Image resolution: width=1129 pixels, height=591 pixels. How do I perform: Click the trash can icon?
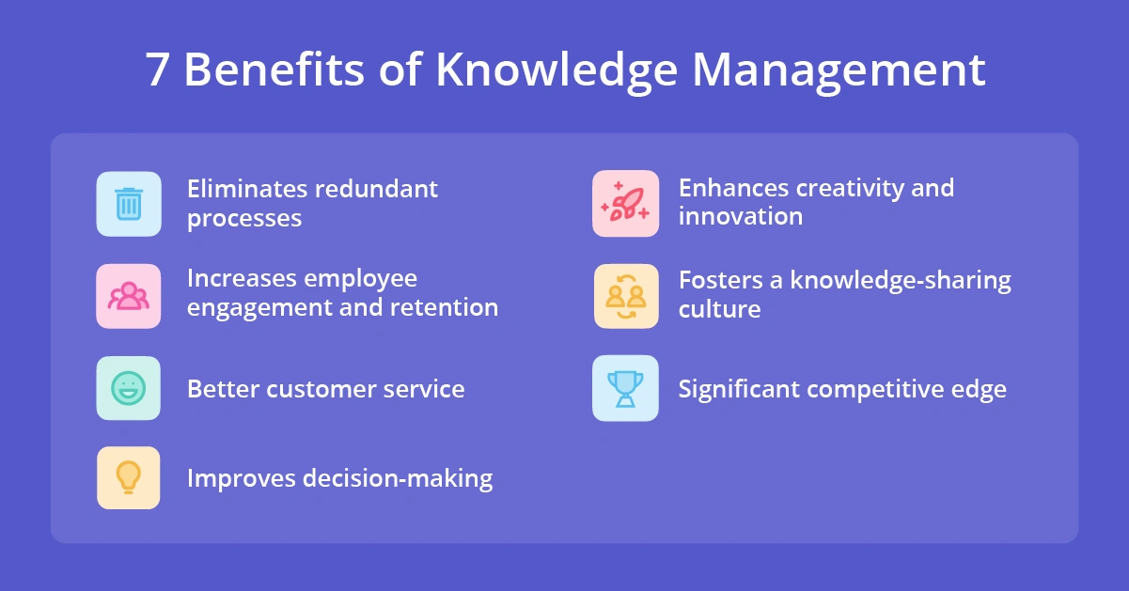[129, 204]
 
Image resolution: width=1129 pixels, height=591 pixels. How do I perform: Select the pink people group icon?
[129, 296]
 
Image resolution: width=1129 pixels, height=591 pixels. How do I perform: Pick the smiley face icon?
[129, 388]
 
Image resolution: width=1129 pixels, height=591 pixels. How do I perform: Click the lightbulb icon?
[129, 477]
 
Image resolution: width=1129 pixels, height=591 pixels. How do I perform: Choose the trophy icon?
[625, 388]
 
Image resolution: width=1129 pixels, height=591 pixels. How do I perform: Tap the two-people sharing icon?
[625, 296]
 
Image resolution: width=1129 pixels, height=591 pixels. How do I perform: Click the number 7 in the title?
[159, 70]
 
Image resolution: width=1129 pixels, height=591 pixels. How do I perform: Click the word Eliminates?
[247, 189]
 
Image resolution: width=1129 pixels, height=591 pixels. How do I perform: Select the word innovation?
[741, 216]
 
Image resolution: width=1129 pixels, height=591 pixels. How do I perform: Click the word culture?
[719, 309]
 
